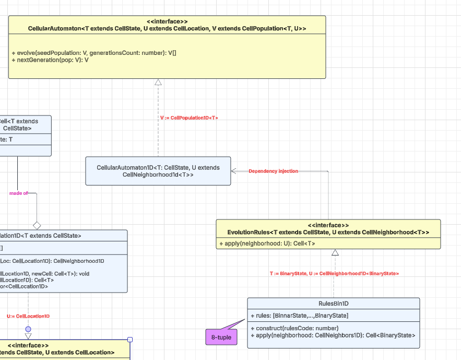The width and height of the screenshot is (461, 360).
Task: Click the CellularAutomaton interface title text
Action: click(x=167, y=28)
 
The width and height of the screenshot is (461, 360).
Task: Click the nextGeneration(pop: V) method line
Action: click(x=50, y=60)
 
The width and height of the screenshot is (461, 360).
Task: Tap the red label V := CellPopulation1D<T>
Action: click(x=189, y=118)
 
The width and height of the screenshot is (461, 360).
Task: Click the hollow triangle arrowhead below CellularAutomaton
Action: click(x=158, y=82)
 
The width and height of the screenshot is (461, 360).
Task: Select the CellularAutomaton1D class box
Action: click(x=158, y=171)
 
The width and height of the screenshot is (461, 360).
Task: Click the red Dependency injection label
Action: click(x=273, y=171)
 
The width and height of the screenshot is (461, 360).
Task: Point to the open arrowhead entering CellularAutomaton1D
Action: click(x=234, y=171)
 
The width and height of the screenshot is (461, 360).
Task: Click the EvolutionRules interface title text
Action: click(x=328, y=232)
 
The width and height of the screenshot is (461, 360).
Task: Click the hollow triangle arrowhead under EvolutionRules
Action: click(x=335, y=253)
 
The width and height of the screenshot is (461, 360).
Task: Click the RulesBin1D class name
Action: click(x=333, y=303)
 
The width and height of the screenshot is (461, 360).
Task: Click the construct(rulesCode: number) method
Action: click(x=294, y=328)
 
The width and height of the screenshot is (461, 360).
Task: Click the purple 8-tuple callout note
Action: click(x=221, y=338)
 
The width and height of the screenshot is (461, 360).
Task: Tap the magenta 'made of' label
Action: click(x=18, y=193)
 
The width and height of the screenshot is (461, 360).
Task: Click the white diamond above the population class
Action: click(x=37, y=226)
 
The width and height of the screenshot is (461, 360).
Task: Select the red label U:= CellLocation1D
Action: click(x=28, y=316)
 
